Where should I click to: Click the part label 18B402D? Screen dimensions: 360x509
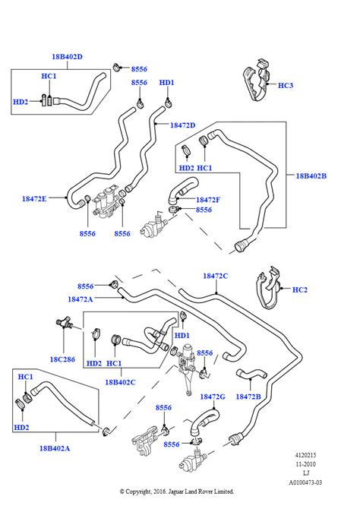[67, 56]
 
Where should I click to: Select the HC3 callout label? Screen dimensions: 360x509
[286, 85]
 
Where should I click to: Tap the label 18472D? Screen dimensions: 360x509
[183, 125]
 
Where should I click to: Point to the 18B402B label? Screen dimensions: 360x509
[311, 176]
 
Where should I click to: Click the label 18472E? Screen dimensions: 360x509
[34, 199]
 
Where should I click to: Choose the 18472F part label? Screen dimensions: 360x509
[208, 200]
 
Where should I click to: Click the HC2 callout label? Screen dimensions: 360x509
[300, 289]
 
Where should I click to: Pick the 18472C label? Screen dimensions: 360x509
[216, 276]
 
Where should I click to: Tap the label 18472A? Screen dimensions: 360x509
[81, 299]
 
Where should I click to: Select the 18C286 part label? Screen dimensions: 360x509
[62, 359]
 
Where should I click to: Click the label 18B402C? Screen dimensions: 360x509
[120, 382]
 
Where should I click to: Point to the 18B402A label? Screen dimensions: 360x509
[55, 448]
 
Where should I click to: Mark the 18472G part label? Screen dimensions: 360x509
[213, 397]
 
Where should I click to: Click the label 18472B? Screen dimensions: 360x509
[248, 397]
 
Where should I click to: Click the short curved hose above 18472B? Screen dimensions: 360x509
[251, 374]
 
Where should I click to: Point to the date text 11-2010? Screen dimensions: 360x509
[305, 464]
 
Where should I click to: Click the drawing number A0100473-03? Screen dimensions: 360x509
[305, 482]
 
